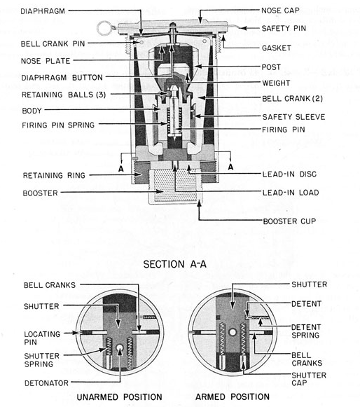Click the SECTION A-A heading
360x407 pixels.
175,264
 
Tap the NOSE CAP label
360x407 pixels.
280,11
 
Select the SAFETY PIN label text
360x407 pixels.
284,28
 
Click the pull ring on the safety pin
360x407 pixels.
105,28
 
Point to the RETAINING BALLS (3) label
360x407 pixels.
64,95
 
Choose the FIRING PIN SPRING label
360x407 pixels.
58,125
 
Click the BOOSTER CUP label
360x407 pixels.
289,221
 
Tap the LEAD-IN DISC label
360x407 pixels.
289,174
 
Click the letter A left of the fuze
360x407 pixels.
121,169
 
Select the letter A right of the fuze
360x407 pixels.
230,167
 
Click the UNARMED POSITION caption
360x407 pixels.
119,397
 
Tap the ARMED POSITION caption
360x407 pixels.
233,397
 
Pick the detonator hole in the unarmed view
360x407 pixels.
120,348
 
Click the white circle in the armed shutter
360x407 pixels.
233,333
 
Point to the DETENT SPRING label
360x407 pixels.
306,331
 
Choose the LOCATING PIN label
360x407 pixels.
42,338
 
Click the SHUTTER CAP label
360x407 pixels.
309,379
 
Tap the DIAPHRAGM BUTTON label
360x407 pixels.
62,78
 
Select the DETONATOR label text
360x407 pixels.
46,383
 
